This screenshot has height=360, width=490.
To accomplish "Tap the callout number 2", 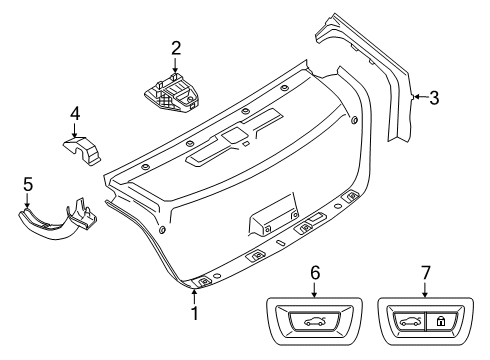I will (176, 47).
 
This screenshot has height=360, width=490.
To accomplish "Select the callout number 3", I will (433, 97).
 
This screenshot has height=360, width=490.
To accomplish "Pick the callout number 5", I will (28, 183).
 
